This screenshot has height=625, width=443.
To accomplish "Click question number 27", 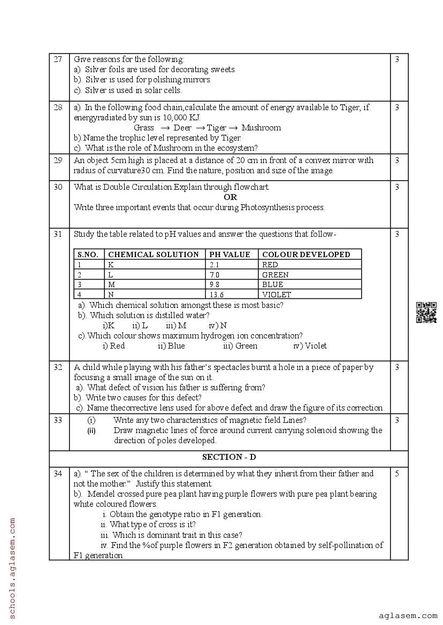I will (x=58, y=59).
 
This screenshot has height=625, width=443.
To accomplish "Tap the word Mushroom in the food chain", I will (x=261, y=128).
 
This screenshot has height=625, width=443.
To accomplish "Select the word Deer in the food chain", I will (x=182, y=128).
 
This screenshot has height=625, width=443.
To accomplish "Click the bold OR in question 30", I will (x=230, y=197).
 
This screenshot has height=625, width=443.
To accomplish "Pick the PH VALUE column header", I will (x=230, y=254).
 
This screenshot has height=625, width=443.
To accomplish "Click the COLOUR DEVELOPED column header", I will (x=306, y=254).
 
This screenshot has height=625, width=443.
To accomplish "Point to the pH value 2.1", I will (x=215, y=265).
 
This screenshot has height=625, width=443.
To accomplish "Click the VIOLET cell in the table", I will (x=277, y=295).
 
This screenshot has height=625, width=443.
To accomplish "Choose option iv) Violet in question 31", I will (x=310, y=346).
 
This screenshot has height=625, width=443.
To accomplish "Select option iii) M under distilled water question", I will (x=176, y=326).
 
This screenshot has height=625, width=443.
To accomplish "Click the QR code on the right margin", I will (x=426, y=313).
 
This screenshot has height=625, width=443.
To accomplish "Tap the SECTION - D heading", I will (x=228, y=457).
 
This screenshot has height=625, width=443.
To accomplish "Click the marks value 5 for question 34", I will (x=397, y=474).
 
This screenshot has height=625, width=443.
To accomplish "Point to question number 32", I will (x=58, y=367).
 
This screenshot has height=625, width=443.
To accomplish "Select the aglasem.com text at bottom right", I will (x=408, y=616).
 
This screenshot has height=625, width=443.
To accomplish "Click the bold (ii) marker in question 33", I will (x=91, y=431).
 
